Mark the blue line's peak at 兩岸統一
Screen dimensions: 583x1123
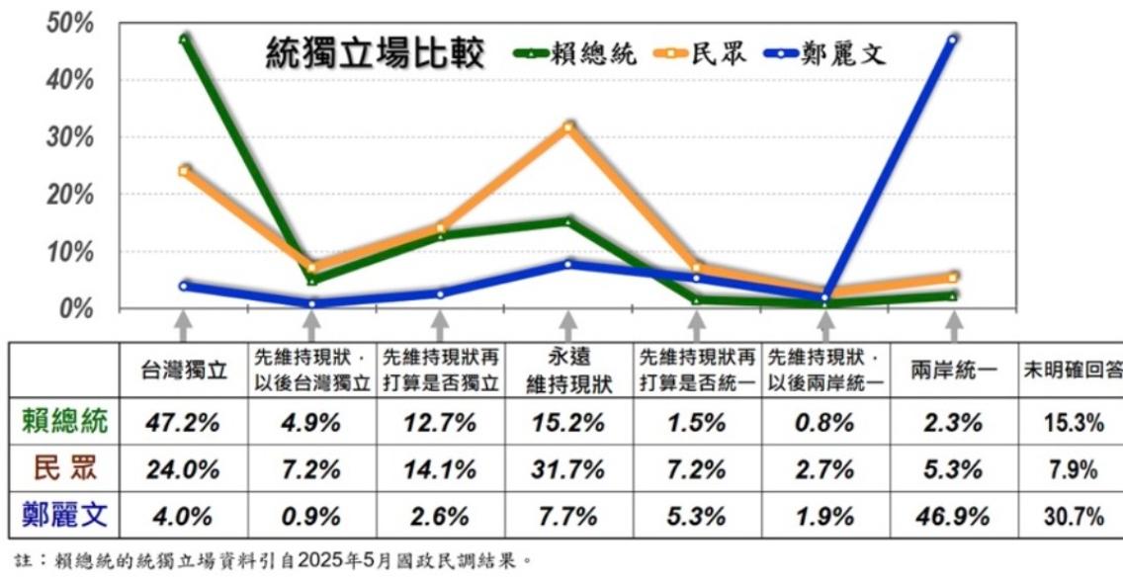[953, 41]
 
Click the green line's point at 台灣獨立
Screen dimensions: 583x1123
[184, 40]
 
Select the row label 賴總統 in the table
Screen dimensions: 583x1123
[65, 423]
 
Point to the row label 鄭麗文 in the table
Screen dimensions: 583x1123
[65, 515]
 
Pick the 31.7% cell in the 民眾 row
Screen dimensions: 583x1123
[567, 469]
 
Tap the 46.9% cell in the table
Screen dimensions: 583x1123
[953, 515]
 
